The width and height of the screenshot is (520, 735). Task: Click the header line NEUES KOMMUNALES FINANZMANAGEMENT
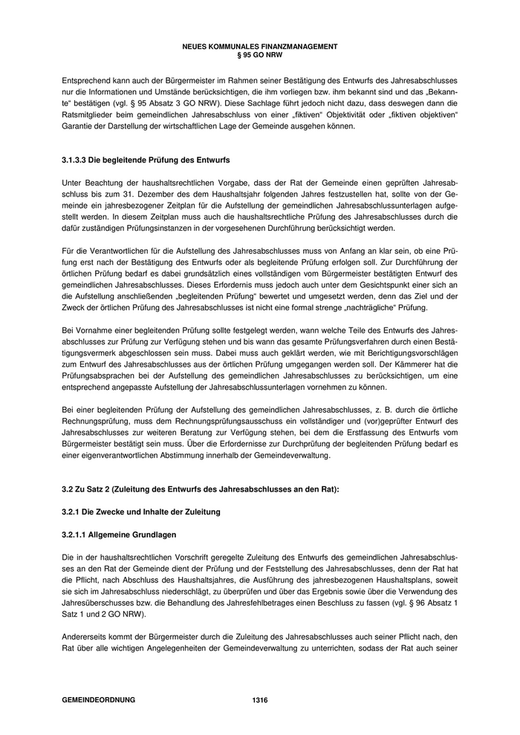point(259,46)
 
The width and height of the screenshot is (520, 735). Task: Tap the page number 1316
point(259,700)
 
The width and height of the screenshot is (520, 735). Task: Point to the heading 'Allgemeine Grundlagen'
point(131,535)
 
